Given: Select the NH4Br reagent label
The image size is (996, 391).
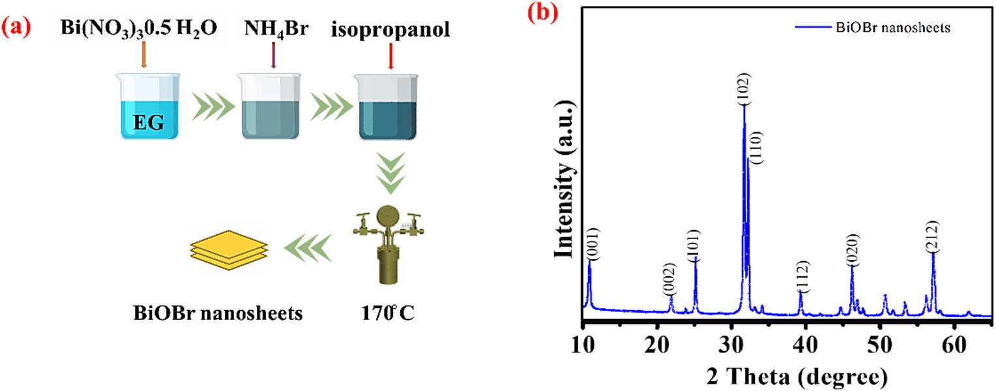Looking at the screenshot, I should (x=273, y=29).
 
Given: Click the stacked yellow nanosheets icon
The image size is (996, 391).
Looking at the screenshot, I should (x=220, y=251).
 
